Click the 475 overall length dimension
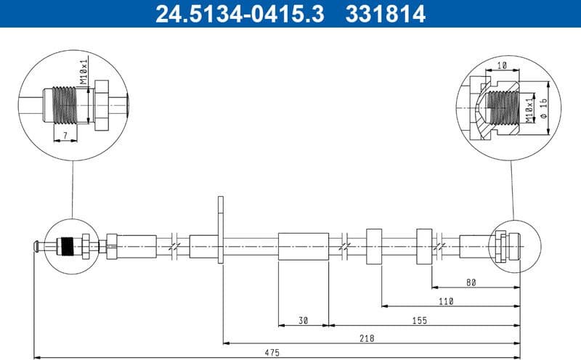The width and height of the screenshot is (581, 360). pos(271,353)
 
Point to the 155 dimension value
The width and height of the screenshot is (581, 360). pos(419,319)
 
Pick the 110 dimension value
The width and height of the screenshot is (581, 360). pos(445,300)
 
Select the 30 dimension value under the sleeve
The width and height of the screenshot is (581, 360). pos(304,319)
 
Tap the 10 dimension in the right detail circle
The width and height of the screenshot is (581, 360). pos(501,65)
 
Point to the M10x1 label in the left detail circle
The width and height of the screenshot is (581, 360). pos(84,73)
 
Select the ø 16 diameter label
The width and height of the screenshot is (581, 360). pos(543,107)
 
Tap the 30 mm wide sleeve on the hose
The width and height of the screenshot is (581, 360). pos(304,247)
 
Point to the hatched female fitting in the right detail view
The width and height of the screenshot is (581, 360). pos(488,109)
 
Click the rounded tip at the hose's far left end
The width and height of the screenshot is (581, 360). pos(35,247)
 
